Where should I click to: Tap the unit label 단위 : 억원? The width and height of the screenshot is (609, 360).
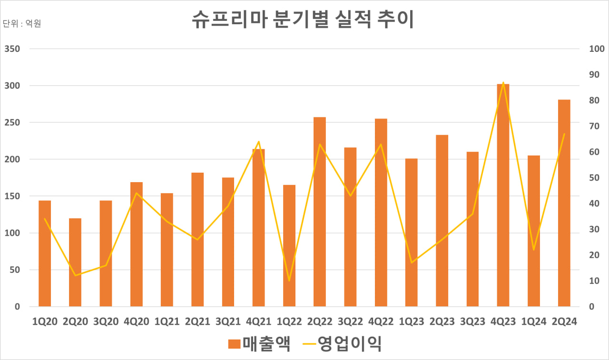[x=22, y=23]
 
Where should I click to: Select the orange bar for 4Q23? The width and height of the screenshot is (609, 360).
[x=503, y=195]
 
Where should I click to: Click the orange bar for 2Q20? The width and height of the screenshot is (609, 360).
[x=75, y=262]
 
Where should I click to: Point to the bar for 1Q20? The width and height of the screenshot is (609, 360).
[x=45, y=253]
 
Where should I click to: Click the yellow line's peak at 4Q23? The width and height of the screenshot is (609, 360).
[x=503, y=83]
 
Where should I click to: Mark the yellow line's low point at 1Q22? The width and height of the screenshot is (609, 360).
[x=289, y=281]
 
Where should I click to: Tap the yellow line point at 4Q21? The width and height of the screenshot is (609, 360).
[x=258, y=142]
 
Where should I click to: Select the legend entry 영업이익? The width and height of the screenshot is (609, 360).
[x=343, y=344]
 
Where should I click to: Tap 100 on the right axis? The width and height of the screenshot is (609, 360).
[x=596, y=49]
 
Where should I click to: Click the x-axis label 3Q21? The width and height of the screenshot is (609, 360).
[x=228, y=322]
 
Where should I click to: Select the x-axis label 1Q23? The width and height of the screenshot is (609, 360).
[x=411, y=322]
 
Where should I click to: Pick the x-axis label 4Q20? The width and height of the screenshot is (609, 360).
[x=137, y=322]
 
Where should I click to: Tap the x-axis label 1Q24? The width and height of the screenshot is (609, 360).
[x=533, y=322]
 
